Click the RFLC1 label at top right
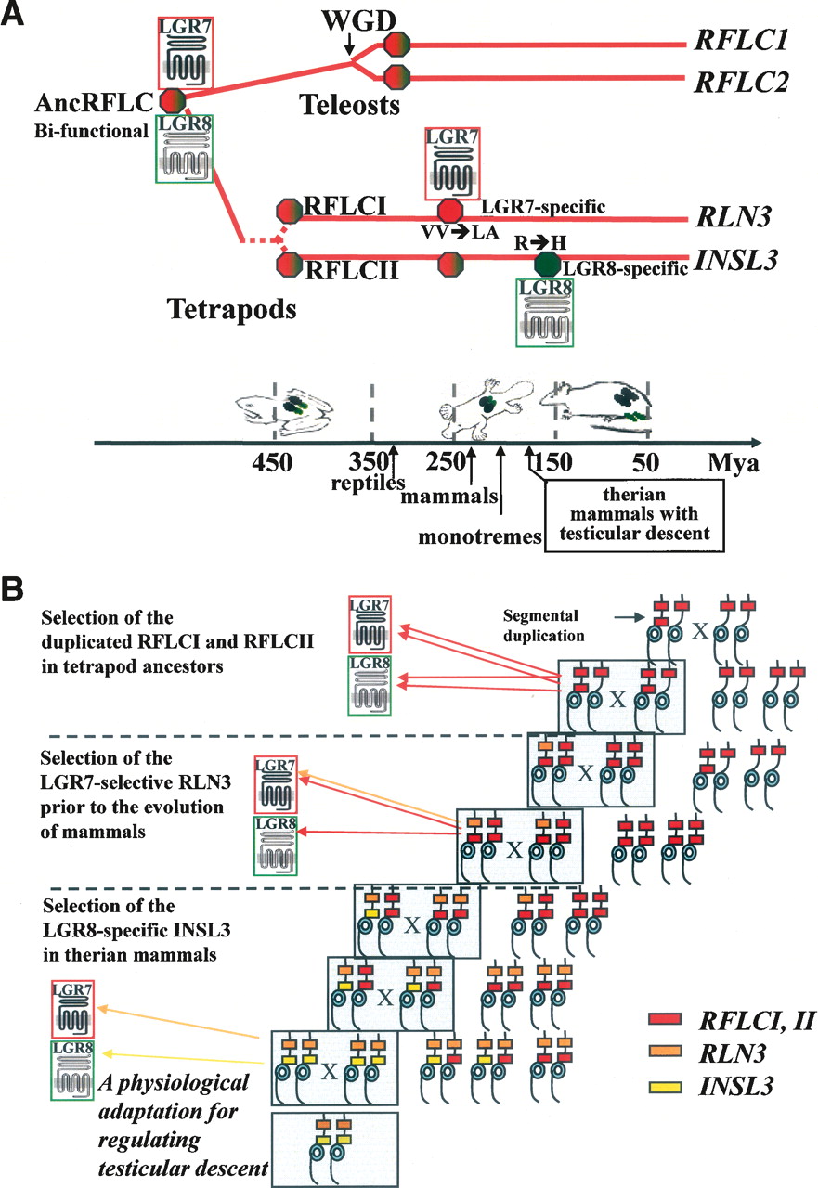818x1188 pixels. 741,40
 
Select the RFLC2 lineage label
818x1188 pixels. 741,82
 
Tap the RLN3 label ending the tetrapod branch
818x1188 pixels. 734,217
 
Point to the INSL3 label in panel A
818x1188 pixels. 735,260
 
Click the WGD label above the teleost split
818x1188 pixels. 359,21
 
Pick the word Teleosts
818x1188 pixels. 350,104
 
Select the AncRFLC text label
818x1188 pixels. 94,102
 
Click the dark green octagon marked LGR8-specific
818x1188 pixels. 547,265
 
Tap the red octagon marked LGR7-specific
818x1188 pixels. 450,211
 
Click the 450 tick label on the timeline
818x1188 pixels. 272,463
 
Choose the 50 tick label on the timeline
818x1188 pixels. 645,463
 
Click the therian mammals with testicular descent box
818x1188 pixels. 634,516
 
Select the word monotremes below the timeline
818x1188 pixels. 479,536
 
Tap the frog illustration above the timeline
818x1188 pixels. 284,408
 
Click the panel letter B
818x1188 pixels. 12,589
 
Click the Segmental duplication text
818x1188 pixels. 543,626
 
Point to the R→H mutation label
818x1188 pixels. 540,243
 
